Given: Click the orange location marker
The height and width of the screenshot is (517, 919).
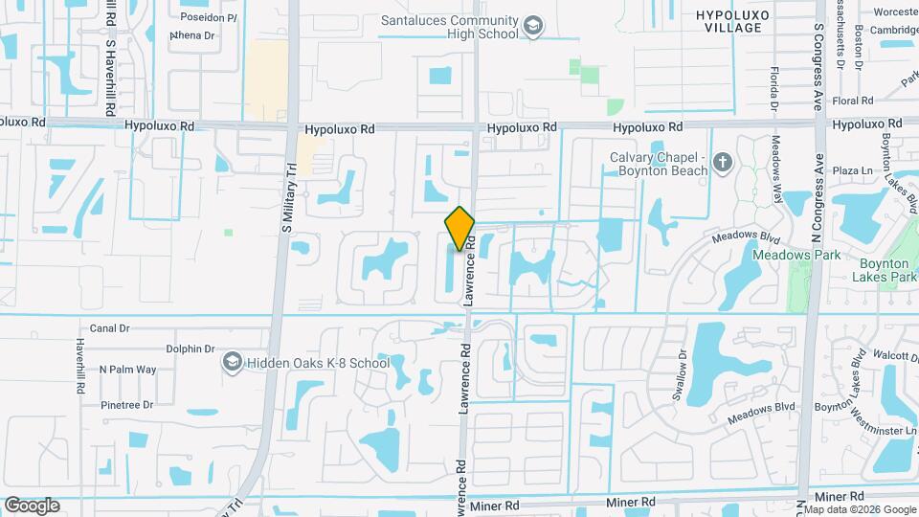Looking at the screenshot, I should (x=459, y=229).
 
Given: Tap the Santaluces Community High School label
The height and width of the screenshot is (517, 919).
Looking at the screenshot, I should (x=450, y=27).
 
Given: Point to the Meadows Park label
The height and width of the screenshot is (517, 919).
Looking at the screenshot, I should (x=796, y=255).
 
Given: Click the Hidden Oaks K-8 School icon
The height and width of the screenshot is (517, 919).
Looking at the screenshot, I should (x=232, y=362).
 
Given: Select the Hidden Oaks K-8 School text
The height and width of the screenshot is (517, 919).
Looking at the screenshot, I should (x=318, y=363).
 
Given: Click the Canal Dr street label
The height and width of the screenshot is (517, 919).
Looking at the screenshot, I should (x=109, y=328).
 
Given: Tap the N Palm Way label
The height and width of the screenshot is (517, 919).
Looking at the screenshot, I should (x=127, y=370).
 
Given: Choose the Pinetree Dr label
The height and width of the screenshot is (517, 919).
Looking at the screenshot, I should (x=127, y=405).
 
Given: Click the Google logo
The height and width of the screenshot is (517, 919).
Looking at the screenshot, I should (x=32, y=506).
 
